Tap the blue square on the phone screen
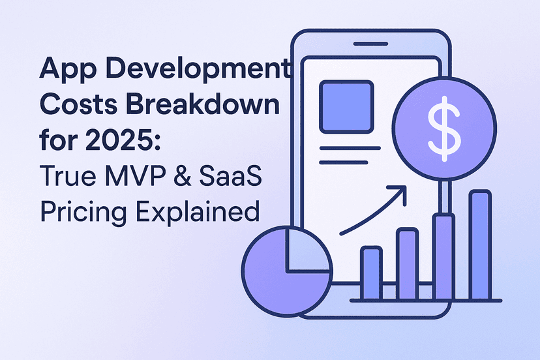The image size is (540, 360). pos(346,108)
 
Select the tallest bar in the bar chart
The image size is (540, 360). pos(480,245)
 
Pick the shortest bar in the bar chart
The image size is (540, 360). pos(371,273)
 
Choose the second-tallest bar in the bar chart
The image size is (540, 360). pos(444,257)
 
